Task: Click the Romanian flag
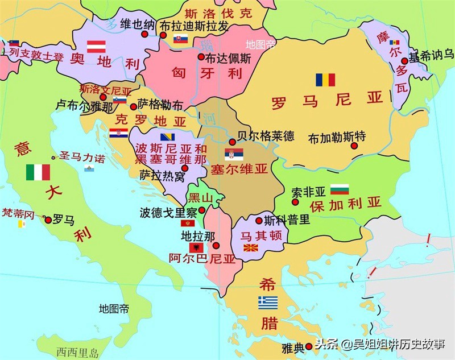tap(325, 80)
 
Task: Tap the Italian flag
tap(38, 172)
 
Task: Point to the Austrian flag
tap(96, 47)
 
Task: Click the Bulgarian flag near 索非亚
tap(339, 189)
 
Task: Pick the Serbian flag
tap(233, 154)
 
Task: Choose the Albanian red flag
tap(197, 248)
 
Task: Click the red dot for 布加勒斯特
tap(354, 146)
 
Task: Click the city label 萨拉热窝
tap(162, 176)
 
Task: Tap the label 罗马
tap(63, 220)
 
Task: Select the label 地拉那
tap(198, 235)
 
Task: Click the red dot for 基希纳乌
tap(404, 61)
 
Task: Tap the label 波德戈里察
tap(168, 213)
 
